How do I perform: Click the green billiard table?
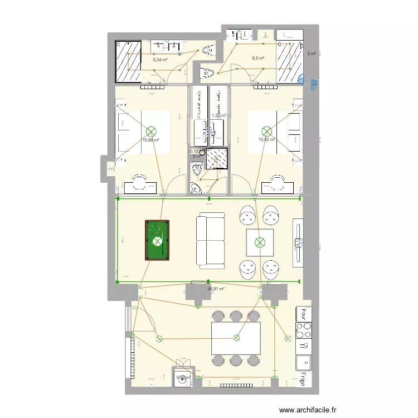click(x=157, y=241)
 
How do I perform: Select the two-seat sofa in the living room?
click(x=210, y=241)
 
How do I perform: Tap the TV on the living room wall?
click(x=299, y=241)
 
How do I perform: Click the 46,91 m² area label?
click(x=216, y=289)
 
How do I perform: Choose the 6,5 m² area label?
click(x=257, y=58)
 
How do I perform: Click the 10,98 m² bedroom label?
click(x=150, y=140)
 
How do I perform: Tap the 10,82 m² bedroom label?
click(x=266, y=140)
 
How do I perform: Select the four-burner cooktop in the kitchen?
click(x=304, y=330)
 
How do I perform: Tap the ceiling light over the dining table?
click(x=236, y=337)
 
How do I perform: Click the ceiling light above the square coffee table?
click(x=260, y=242)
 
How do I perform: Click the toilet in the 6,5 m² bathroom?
click(x=207, y=72)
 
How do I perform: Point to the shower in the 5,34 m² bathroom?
click(x=128, y=61)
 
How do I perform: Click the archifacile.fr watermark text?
click(x=308, y=410)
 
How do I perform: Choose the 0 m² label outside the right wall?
click(x=312, y=54)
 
